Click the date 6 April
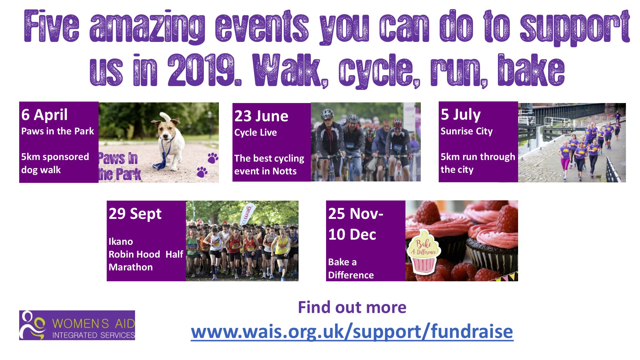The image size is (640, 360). (44, 115)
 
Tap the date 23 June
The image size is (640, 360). (261, 116)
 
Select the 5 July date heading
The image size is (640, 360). (460, 115)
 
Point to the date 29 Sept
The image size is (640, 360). (135, 214)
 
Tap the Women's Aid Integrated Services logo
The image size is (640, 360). (77, 325)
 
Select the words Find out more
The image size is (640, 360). (352, 307)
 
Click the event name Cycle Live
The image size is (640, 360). (255, 132)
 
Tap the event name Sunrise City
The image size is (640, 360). (467, 131)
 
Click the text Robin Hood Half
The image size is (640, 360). (146, 254)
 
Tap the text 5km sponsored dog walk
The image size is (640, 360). (55, 163)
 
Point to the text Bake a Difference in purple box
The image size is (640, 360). (351, 268)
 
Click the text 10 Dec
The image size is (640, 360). (352, 235)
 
